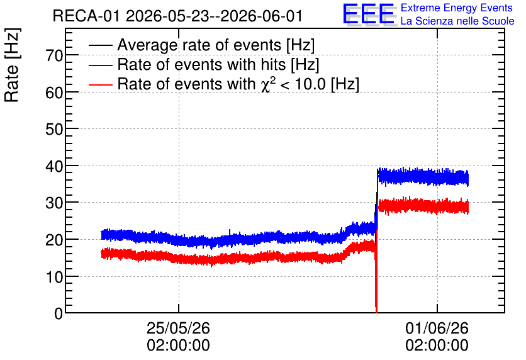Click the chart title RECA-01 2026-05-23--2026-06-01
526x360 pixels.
(178, 16)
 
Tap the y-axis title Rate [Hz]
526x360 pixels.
(12, 65)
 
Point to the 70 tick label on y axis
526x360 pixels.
(54, 55)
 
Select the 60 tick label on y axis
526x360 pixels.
(54, 93)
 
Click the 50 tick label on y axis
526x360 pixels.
(54, 129)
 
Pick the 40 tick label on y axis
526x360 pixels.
(54, 166)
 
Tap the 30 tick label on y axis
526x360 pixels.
(54, 203)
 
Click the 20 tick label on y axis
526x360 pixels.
(54, 240)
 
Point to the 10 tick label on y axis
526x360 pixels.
(54, 277)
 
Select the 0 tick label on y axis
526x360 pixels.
(59, 313)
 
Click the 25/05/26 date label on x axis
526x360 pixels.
(179, 328)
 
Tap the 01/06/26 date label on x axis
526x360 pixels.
(437, 328)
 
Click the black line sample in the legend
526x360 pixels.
(100, 45)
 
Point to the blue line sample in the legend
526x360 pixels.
(100, 65)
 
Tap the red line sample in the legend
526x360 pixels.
(100, 84)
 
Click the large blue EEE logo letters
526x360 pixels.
(369, 14)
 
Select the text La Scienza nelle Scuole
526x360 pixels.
(457, 21)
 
